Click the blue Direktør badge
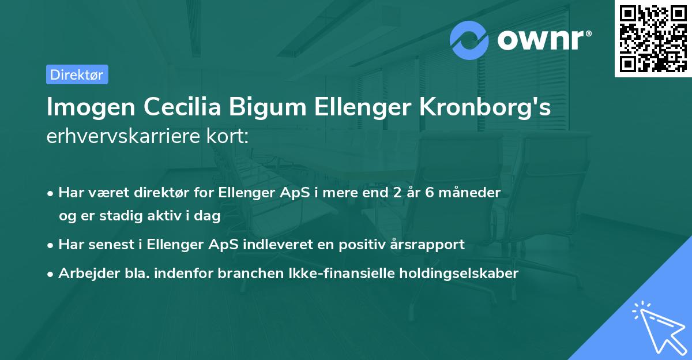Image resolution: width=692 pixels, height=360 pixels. tap(77, 74)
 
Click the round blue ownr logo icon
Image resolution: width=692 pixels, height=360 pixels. tap(469, 40)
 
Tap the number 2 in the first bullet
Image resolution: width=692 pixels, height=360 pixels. tap(396, 193)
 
